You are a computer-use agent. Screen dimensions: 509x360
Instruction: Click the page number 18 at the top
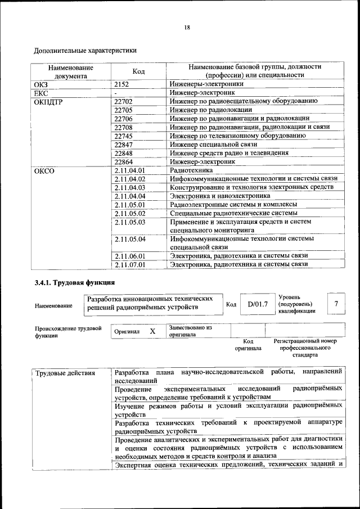186,28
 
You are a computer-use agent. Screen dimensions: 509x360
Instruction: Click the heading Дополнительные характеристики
85,51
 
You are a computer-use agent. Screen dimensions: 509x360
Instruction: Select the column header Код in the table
139,71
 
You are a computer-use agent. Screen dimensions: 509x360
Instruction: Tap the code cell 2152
121,84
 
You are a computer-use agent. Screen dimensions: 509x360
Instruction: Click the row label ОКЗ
42,84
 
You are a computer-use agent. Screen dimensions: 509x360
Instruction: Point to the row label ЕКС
42,92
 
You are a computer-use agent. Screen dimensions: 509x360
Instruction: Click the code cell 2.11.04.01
129,170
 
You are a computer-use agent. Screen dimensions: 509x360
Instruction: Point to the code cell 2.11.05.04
129,239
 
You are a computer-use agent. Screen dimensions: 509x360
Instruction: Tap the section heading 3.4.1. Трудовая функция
75,282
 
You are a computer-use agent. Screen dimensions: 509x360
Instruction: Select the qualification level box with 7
336,304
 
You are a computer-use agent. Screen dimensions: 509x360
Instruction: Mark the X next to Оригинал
152,331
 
